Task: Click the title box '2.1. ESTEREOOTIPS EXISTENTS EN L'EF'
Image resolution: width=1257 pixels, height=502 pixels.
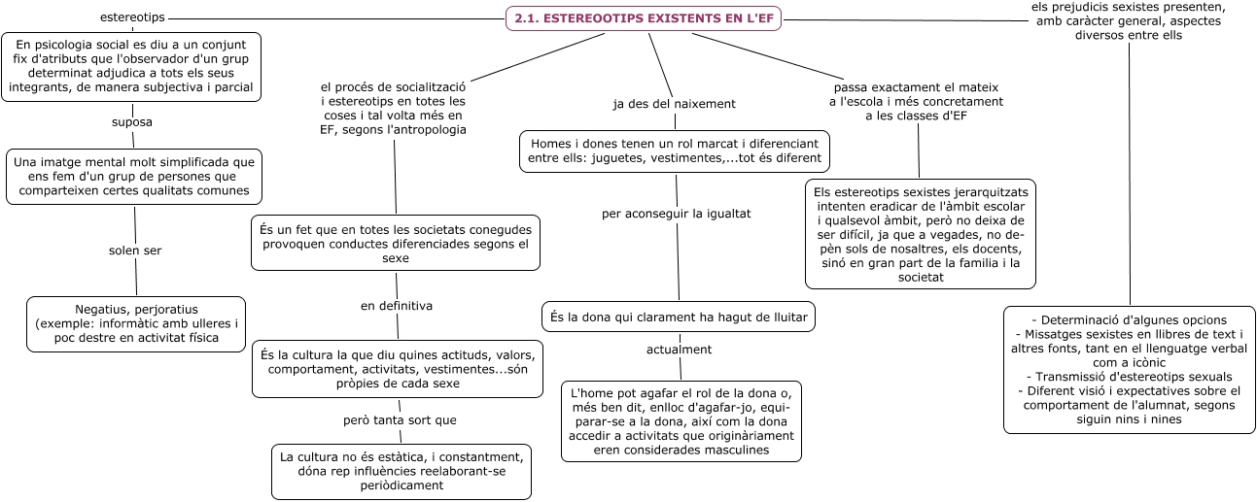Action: pos(644,18)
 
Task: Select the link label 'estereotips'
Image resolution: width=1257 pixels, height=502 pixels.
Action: pos(132,17)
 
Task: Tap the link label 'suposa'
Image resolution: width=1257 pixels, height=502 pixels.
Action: pos(133,122)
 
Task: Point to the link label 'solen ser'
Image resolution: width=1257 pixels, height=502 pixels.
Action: pos(135,251)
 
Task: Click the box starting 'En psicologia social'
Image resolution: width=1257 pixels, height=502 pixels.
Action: pos(132,67)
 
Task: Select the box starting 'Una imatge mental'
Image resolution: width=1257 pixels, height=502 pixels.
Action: pos(134,177)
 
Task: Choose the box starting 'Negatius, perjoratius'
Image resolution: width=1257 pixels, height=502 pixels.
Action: pos(135,323)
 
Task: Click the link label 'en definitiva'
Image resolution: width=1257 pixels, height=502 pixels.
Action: pos(397,305)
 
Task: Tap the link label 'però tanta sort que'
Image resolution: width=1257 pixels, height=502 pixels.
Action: pos(399,420)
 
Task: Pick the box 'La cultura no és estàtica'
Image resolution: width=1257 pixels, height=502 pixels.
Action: pos(402,471)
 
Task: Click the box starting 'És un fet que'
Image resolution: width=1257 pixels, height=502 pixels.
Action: pos(396,243)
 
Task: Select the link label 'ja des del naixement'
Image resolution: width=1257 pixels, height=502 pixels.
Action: pos(674,103)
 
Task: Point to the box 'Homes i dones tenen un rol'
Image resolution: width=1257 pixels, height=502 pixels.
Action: pos(675,151)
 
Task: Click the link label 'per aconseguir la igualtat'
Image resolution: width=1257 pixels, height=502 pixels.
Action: pos(677,213)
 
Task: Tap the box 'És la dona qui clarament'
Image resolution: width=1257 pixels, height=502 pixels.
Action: pos(679,317)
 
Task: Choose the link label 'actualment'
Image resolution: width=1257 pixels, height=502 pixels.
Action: pos(680,349)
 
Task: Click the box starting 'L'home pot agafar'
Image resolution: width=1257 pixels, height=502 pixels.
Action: pos(681,421)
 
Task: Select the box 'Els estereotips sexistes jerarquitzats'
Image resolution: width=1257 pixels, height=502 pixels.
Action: pos(921,233)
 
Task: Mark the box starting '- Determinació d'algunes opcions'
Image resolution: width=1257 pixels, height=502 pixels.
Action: pos(1129,369)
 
